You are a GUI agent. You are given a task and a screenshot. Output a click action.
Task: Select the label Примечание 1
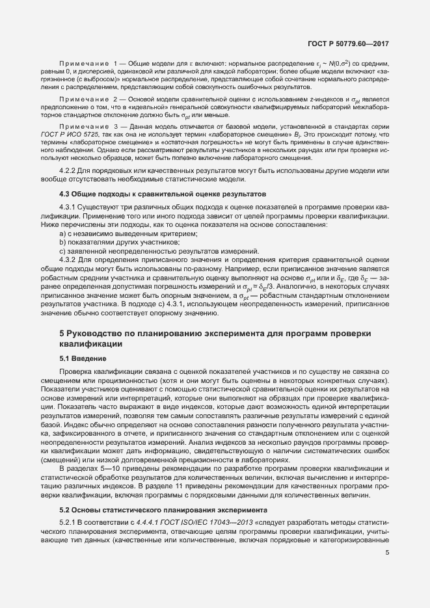pyautogui.click(x=90, y=62)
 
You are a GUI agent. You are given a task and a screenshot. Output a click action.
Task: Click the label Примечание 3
pyautogui.click(x=90, y=126)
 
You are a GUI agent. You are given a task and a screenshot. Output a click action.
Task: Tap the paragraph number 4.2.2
pyautogui.click(x=69, y=171)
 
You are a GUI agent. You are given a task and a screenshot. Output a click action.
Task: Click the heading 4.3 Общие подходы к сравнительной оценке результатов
pyautogui.click(x=154, y=194)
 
